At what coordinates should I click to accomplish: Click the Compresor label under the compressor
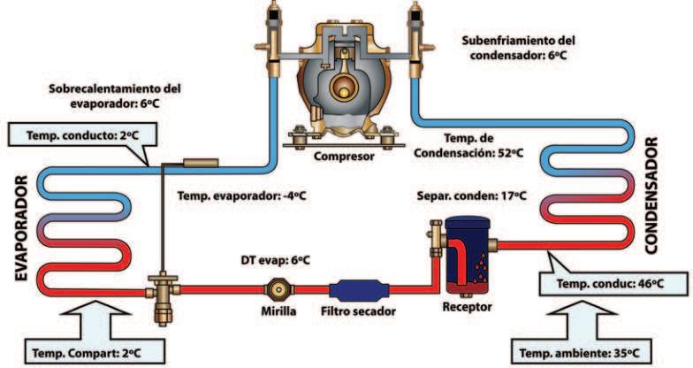click(344, 157)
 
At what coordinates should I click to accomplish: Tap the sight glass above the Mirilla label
click(278, 288)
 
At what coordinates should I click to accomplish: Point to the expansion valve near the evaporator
click(163, 291)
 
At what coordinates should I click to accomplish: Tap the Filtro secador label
click(358, 312)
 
